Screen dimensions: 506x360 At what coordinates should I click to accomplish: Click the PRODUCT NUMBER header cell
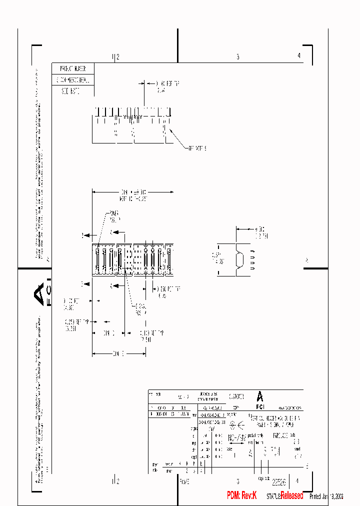tap(72, 68)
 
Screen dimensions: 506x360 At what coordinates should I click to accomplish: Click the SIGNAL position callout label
tap(140, 308)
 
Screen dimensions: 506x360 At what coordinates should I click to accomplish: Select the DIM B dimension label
tap(118, 354)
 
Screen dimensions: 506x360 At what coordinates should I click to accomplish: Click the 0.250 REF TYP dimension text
tap(76, 323)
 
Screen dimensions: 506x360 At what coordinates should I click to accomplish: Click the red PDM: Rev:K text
tap(241, 495)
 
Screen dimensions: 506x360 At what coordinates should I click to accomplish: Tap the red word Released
tap(291, 495)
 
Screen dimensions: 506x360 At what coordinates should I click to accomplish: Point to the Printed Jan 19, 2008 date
tap(326, 496)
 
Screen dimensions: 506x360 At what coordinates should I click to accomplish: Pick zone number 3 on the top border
tap(237, 56)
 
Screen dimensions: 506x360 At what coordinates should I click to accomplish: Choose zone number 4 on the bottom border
tap(298, 481)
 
